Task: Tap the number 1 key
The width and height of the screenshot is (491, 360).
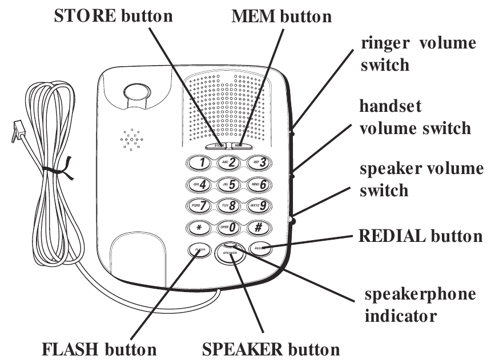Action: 198,164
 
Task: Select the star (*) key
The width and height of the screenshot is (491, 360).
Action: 198,227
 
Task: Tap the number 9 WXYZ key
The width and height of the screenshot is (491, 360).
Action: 259,205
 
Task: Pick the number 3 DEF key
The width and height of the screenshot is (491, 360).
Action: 259,164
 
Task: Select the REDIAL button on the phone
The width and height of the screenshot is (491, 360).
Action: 260,249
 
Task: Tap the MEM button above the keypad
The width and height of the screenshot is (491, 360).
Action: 239,145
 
